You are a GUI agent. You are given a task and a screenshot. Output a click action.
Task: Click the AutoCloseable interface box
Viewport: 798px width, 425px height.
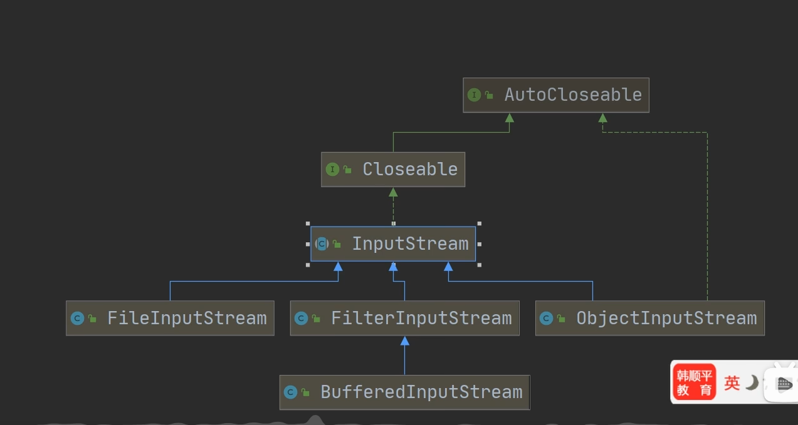(555, 95)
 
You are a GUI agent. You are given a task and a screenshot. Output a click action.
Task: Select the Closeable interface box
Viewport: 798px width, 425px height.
(393, 169)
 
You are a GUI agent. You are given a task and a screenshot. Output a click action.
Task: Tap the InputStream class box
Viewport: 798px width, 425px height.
(393, 243)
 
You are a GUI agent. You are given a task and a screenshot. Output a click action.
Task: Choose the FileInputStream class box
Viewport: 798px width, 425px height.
(170, 318)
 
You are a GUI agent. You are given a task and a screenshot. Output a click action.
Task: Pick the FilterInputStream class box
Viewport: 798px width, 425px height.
(404, 318)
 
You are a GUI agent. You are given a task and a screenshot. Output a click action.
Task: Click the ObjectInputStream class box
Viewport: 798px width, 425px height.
(650, 318)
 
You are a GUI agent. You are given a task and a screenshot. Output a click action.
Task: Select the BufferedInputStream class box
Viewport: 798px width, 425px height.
(404, 392)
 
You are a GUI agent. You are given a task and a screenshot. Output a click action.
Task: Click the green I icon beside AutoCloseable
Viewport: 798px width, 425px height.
(474, 95)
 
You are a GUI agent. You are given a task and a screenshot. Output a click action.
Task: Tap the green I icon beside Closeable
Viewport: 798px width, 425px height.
(332, 169)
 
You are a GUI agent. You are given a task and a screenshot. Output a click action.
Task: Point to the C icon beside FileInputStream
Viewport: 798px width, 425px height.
(77, 319)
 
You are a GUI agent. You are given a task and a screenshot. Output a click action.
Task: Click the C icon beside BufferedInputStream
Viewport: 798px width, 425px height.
(290, 392)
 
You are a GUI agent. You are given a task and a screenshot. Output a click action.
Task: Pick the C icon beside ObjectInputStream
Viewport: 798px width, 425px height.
(546, 319)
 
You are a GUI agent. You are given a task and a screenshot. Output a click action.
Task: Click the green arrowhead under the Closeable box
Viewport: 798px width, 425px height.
(393, 192)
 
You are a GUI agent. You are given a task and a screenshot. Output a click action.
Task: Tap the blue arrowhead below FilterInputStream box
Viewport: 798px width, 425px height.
(404, 341)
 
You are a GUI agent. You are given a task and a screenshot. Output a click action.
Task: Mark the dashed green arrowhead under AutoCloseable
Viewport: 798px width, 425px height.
(602, 118)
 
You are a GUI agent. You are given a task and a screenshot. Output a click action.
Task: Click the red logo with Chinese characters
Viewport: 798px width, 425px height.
(695, 382)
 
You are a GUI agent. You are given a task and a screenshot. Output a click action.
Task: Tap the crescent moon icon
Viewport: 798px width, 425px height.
(752, 382)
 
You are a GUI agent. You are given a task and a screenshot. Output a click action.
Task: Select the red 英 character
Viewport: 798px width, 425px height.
(732, 382)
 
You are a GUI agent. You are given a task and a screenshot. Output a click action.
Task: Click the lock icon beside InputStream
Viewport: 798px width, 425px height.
(337, 244)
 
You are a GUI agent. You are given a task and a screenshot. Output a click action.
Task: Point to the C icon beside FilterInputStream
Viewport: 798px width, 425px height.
(301, 319)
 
